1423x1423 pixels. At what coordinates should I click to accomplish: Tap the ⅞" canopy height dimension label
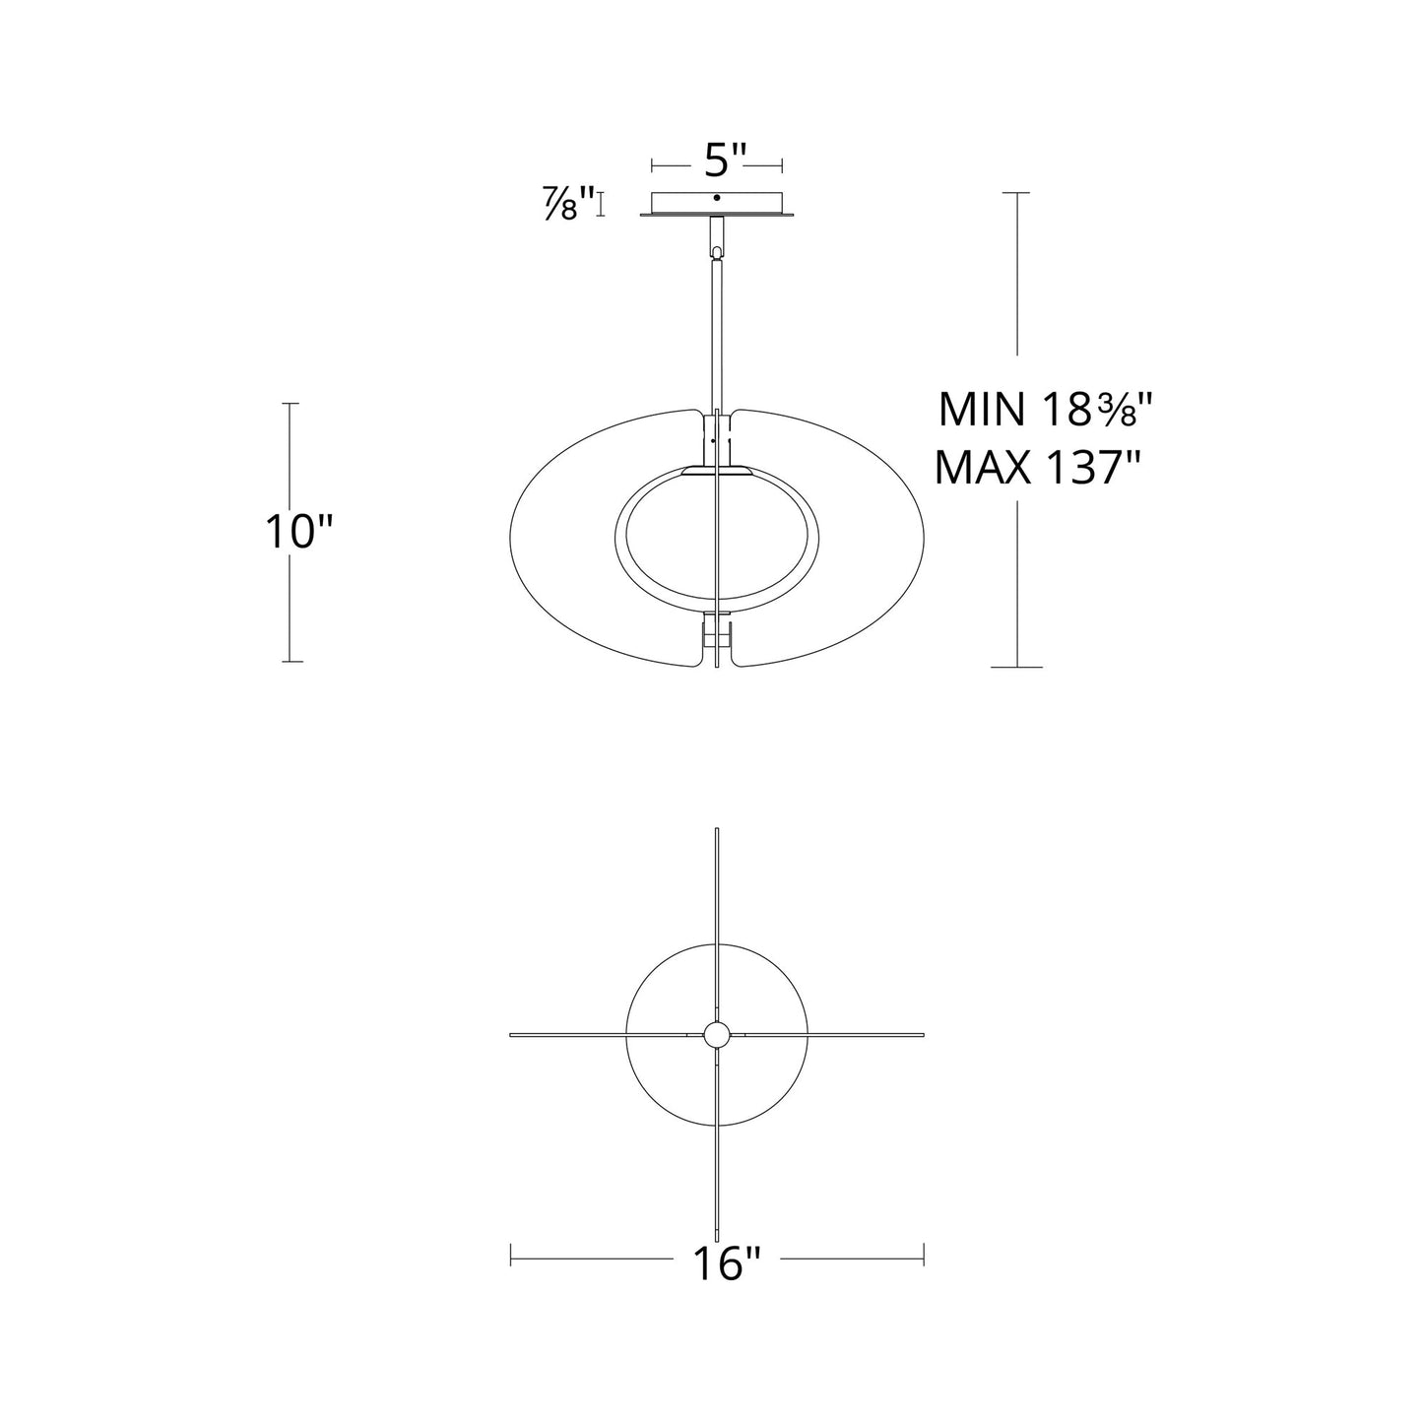(568, 203)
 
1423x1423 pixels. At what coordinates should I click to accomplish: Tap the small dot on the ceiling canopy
(716, 198)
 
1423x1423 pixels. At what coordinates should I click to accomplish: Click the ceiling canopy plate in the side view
(717, 205)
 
